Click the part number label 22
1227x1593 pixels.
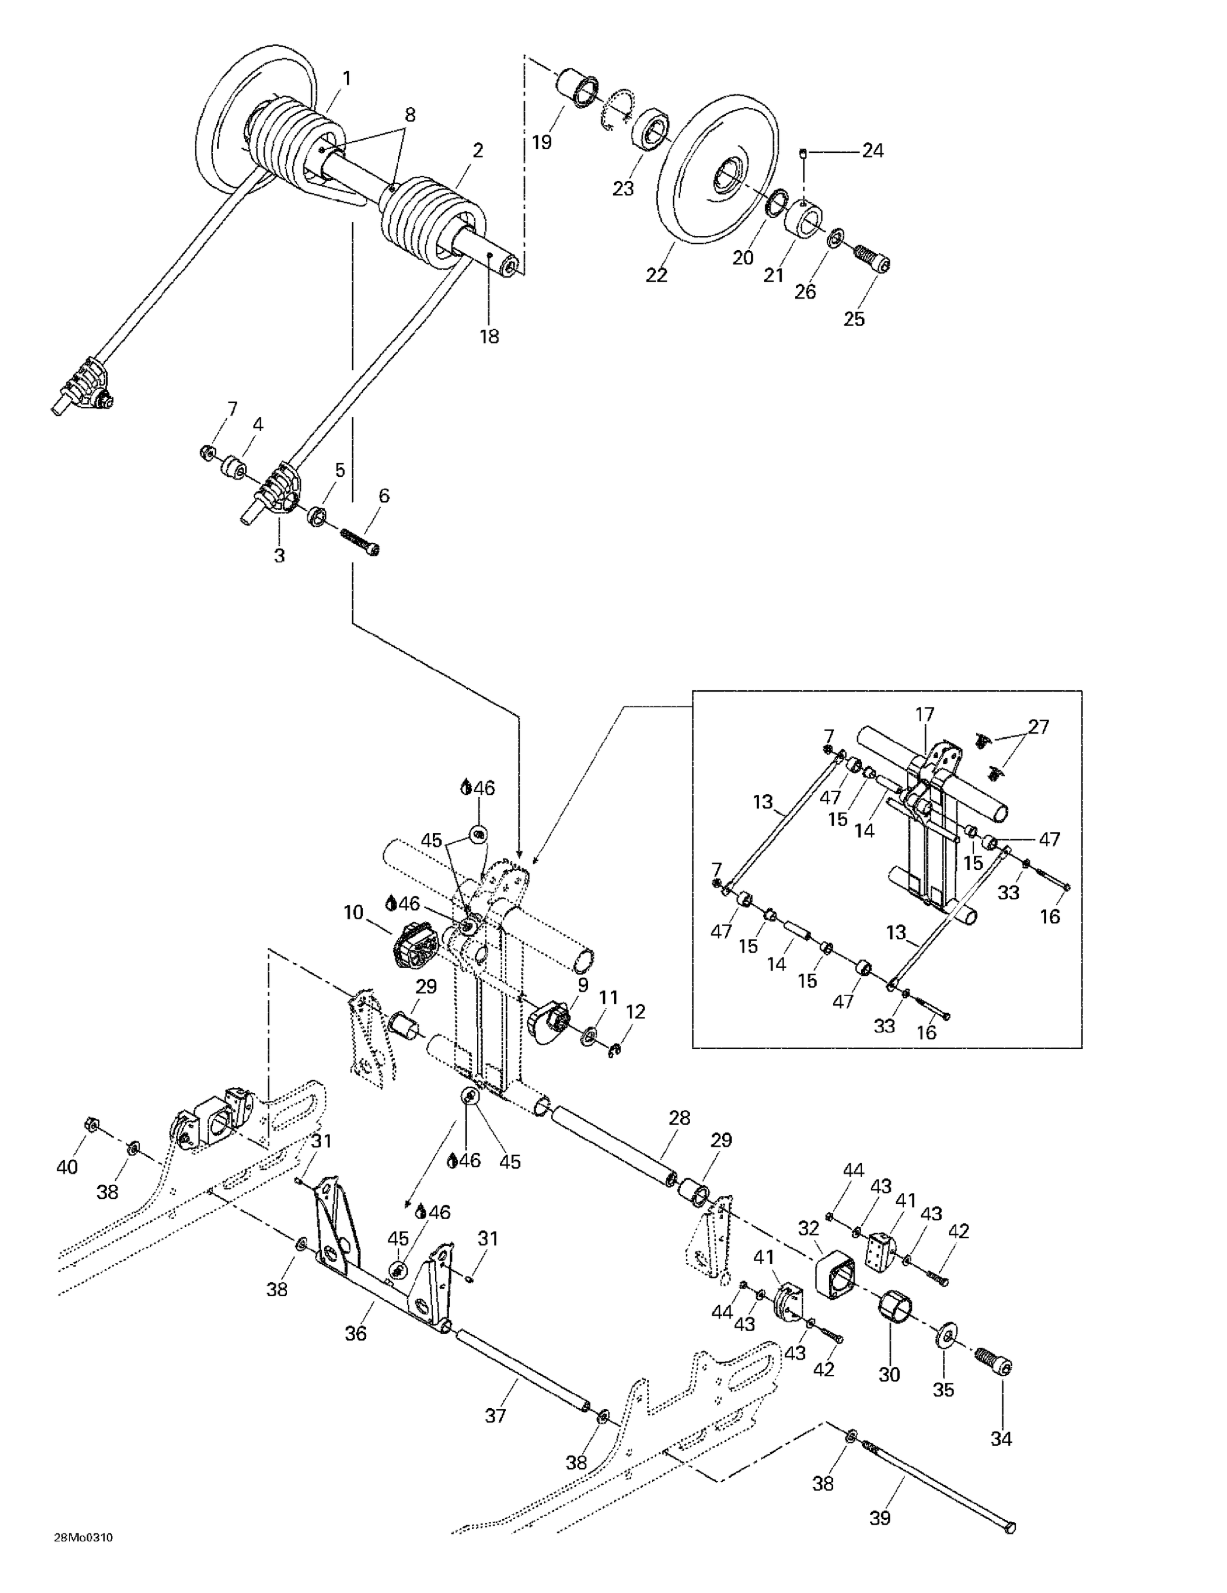click(x=656, y=275)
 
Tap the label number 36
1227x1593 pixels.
click(x=355, y=1333)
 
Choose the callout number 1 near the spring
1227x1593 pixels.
click(x=347, y=78)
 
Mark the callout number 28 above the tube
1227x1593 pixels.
click(x=679, y=1117)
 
